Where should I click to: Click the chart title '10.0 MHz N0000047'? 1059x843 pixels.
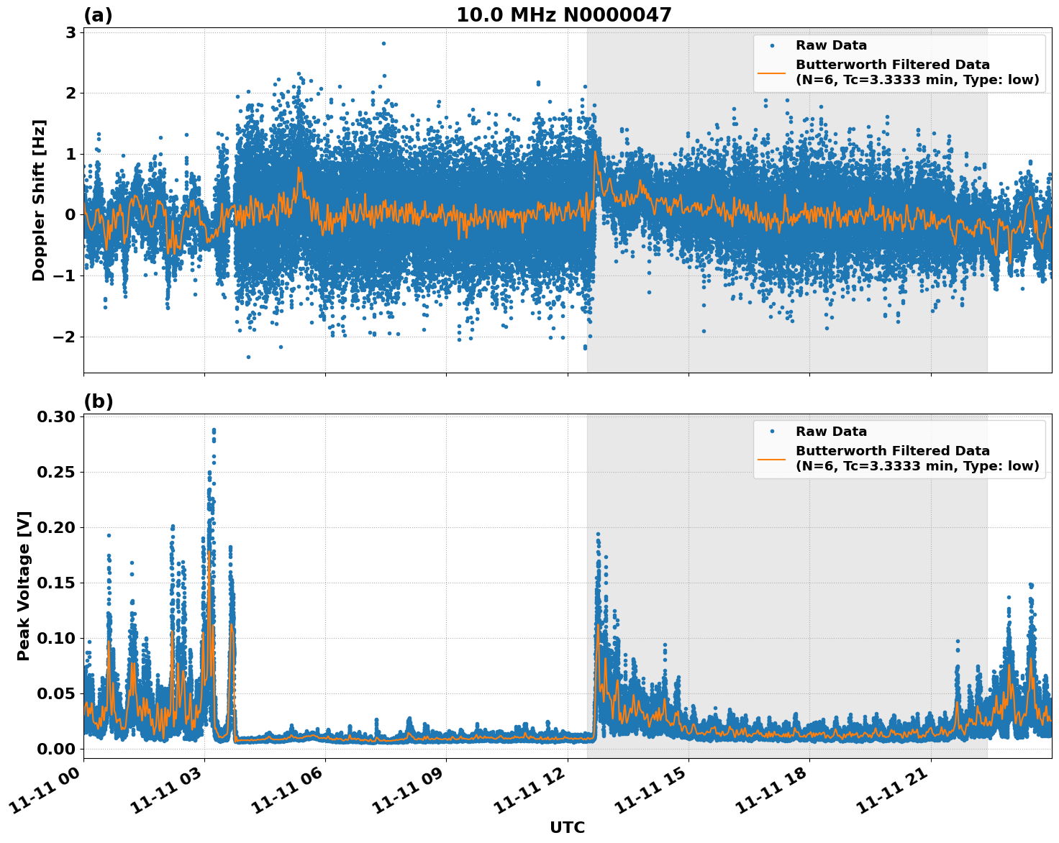coord(563,15)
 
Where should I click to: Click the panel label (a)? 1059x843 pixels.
coord(98,15)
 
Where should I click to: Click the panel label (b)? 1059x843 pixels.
coord(98,401)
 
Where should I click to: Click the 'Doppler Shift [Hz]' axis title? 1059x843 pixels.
coord(39,200)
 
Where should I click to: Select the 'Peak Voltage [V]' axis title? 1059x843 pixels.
coord(24,586)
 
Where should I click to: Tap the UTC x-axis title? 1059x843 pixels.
coord(567,827)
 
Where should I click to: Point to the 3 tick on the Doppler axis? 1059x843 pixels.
coord(71,32)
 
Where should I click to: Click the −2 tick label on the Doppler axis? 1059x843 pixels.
coord(66,337)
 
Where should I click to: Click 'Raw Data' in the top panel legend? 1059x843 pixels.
coord(831,45)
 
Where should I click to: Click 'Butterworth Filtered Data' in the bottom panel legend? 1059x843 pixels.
coord(892,451)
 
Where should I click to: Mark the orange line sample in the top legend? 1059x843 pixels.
coord(772,72)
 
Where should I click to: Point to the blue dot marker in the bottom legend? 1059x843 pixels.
coord(772,432)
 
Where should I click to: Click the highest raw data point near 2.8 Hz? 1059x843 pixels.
coord(383,43)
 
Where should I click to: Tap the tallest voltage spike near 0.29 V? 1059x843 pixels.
coord(214,430)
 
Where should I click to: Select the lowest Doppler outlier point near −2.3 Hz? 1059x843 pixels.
coord(248,357)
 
